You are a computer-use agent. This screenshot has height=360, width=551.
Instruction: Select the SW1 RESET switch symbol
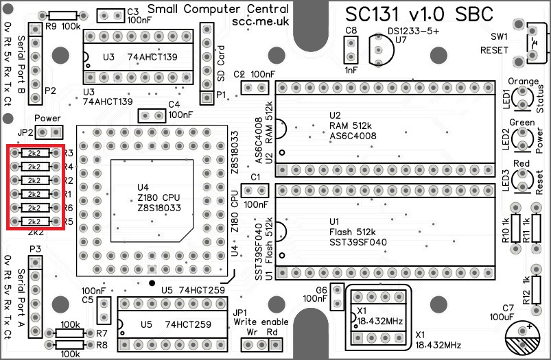533,45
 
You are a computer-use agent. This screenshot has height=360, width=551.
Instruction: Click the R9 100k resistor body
63,16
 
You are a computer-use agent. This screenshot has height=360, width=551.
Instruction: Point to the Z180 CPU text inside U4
159,197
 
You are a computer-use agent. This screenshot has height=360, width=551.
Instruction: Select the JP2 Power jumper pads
49,132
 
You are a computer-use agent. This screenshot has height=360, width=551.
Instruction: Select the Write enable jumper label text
260,321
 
